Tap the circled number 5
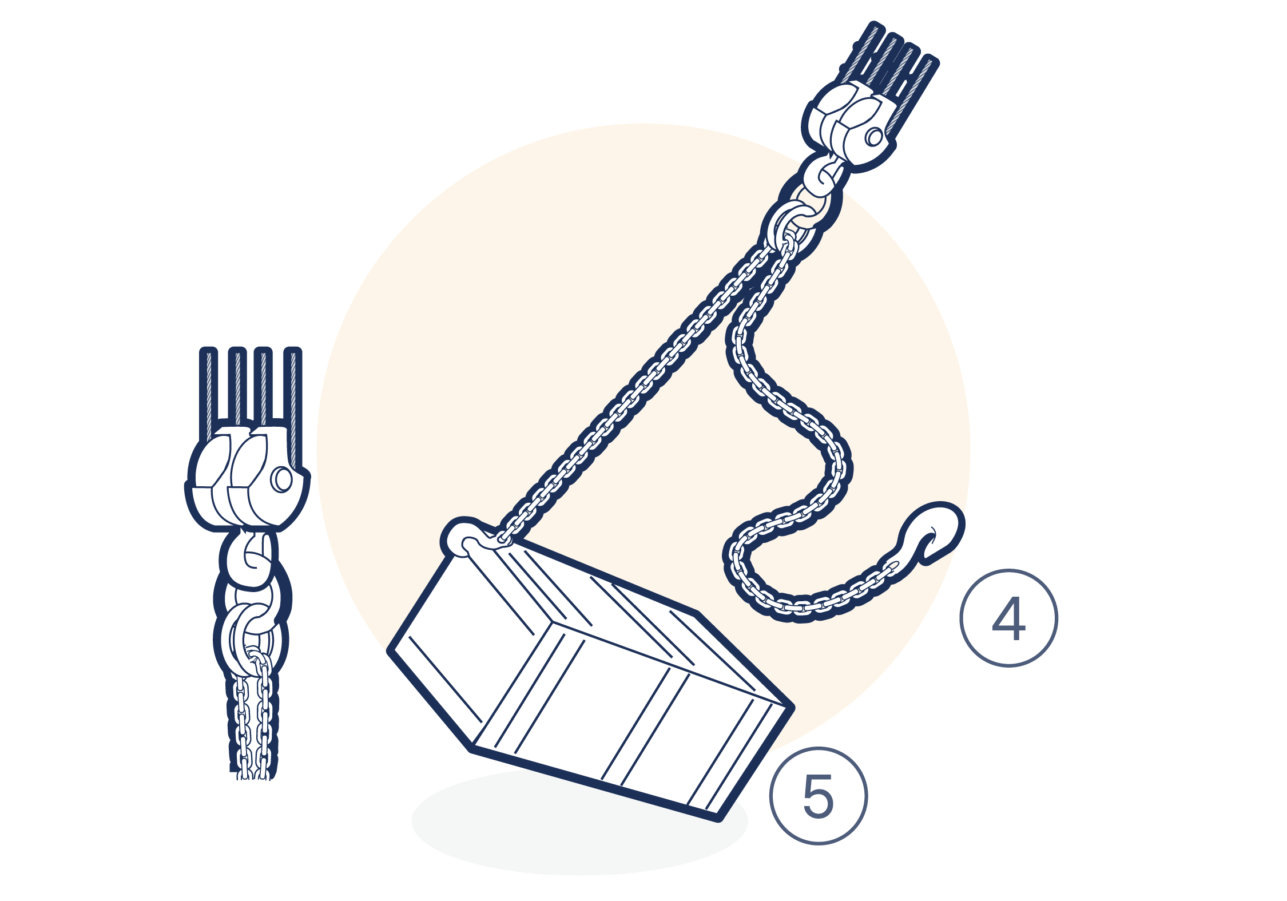click(819, 796)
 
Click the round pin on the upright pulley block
click(281, 479)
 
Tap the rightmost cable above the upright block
click(293, 406)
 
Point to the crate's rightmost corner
click(793, 707)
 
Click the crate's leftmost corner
click(390, 650)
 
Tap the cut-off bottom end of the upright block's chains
click(252, 775)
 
